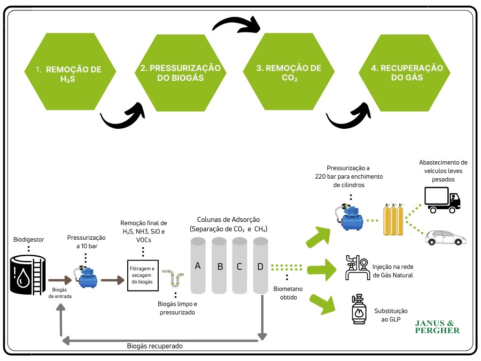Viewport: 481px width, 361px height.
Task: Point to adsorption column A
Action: tap(198, 266)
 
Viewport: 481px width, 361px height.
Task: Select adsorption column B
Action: tap(219, 266)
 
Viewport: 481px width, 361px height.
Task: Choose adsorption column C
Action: tap(240, 266)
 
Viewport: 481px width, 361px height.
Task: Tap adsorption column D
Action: tap(260, 266)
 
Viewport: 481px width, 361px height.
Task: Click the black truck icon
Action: tap(442, 199)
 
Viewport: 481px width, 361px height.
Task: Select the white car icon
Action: tap(446, 238)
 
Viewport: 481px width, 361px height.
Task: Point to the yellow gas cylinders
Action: tap(394, 219)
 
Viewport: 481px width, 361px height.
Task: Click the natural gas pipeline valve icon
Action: tap(356, 268)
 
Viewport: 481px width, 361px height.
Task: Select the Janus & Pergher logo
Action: tap(437, 327)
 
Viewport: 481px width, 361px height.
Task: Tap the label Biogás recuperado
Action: tap(155, 346)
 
